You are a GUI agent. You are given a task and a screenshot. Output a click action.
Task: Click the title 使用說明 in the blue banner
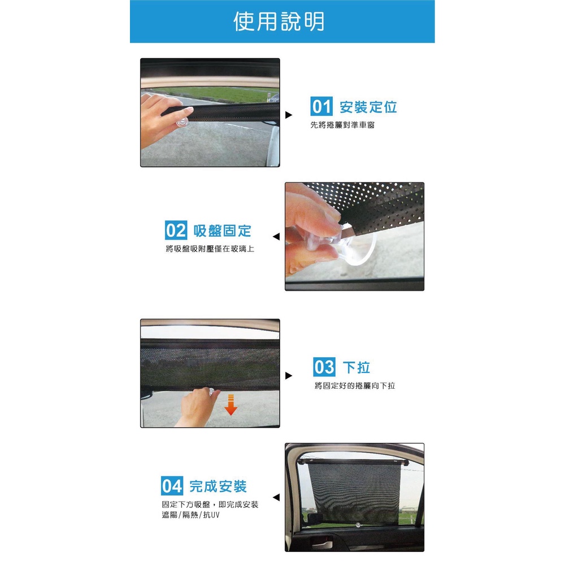pyautogui.click(x=279, y=21)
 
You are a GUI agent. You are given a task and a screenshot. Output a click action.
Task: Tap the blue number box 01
pyautogui.click(x=321, y=106)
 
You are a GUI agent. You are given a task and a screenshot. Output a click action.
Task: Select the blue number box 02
pyautogui.click(x=176, y=231)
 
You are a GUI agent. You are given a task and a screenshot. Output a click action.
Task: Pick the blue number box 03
pyautogui.click(x=324, y=367)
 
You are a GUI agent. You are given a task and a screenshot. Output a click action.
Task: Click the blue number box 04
pyautogui.click(x=172, y=486)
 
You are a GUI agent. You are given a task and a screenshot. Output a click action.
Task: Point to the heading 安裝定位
pyautogui.click(x=368, y=107)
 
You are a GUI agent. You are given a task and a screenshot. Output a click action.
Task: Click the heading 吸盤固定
pyautogui.click(x=222, y=231)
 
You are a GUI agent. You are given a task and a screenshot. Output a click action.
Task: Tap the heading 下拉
pyautogui.click(x=357, y=368)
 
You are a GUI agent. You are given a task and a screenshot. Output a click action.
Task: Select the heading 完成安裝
pyautogui.click(x=218, y=486)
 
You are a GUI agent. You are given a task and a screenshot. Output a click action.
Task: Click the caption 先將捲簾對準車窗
pyautogui.click(x=343, y=125)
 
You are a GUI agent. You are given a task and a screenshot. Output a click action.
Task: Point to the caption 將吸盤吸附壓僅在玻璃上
pyautogui.click(x=210, y=249)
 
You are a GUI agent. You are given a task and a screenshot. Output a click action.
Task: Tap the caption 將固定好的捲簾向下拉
pyautogui.click(x=355, y=385)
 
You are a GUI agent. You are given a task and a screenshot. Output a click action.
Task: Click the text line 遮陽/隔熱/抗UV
pyautogui.click(x=190, y=515)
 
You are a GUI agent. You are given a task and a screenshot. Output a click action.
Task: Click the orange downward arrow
pyautogui.click(x=231, y=405)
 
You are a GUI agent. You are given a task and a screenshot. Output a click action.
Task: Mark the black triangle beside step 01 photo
pyautogui.click(x=289, y=115)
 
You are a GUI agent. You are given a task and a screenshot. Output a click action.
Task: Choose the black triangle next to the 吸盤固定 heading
pyautogui.click(x=276, y=237)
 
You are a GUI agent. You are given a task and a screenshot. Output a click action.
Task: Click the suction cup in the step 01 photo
pyautogui.click(x=182, y=122)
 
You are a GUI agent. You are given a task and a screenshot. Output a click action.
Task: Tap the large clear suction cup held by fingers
pyautogui.click(x=355, y=245)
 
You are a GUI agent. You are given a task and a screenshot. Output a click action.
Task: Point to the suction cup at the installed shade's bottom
pyautogui.click(x=358, y=525)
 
